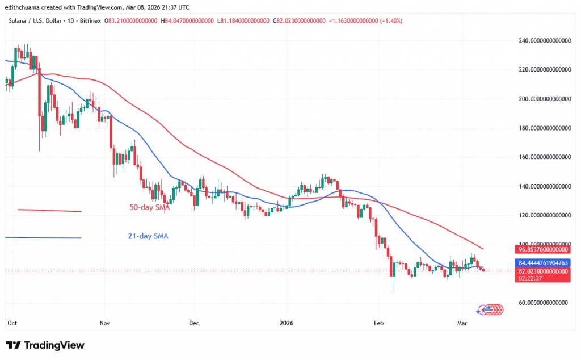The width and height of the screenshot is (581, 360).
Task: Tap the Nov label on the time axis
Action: [x=104, y=323]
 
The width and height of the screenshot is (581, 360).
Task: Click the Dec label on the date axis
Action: [x=193, y=323]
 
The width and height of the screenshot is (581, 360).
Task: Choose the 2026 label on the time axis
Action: [x=287, y=323]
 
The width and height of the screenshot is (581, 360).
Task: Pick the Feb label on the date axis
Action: [x=378, y=323]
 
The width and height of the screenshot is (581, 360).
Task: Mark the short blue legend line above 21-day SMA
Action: [x=43, y=238]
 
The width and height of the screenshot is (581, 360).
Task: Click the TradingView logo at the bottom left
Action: [x=45, y=345]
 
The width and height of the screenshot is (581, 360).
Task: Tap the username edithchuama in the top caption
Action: [x=24, y=7]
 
